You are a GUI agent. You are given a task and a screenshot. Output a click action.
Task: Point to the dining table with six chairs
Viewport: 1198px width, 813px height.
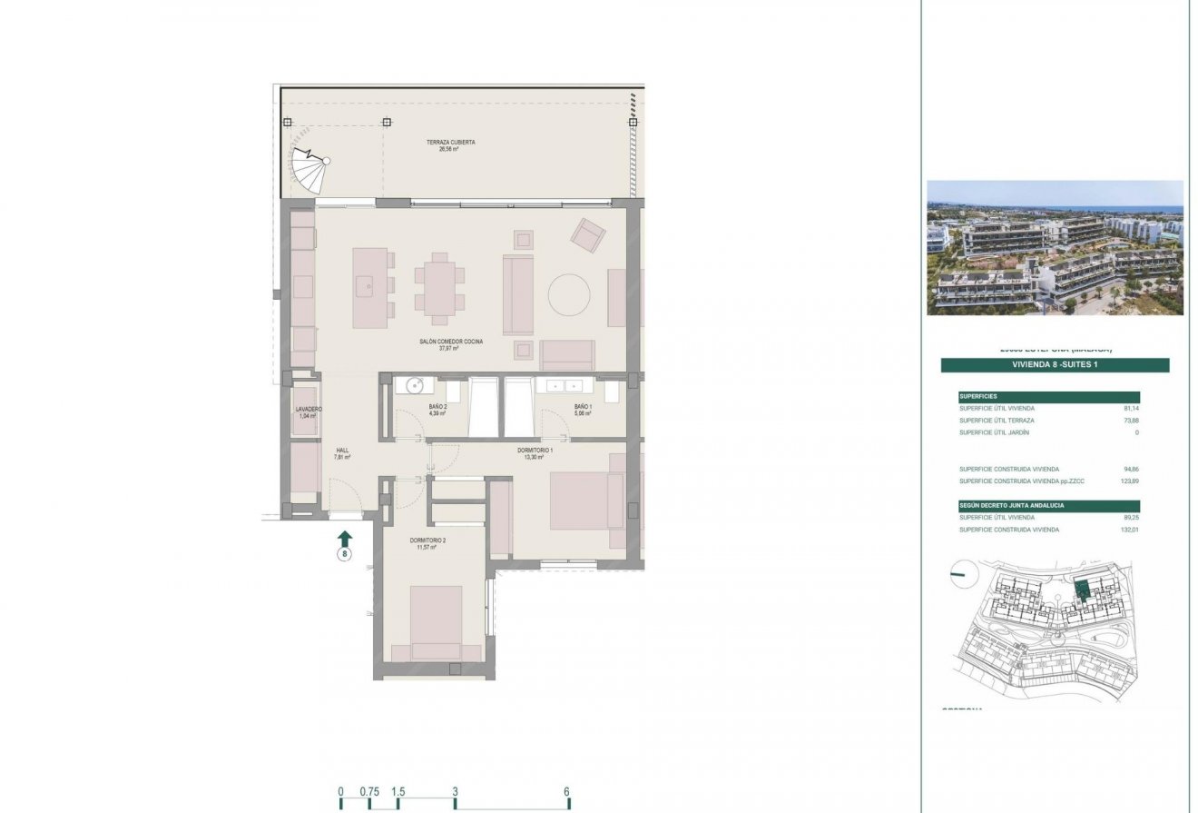pos(440,288)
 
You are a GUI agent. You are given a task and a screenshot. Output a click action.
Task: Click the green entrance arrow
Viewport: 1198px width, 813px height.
pos(345,538)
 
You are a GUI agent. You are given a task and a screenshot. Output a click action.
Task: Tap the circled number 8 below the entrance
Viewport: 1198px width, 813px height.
pos(345,553)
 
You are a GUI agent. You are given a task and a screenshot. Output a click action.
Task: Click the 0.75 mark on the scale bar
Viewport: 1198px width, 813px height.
pos(368,791)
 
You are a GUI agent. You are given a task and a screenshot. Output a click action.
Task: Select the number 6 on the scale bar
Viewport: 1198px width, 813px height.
pos(567,791)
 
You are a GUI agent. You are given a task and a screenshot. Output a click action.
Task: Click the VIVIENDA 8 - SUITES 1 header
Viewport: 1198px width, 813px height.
pos(1055,365)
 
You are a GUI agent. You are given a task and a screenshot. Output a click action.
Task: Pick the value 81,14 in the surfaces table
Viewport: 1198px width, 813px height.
pos(1130,409)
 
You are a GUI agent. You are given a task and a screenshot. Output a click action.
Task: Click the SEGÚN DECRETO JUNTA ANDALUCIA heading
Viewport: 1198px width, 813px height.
pos(1012,505)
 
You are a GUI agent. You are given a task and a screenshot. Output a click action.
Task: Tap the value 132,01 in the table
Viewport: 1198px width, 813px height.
pos(1128,530)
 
